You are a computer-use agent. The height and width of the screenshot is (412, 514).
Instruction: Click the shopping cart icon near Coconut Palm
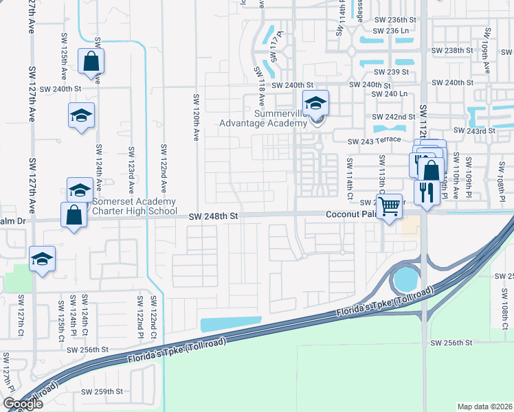point(389,206)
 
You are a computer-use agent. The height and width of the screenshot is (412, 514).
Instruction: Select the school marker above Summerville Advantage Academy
point(315,103)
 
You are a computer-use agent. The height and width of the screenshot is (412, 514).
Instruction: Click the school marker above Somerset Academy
point(80,190)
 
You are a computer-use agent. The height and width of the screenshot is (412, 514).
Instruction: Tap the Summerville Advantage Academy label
point(262,117)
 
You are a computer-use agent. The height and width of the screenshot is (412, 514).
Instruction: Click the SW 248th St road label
point(215,216)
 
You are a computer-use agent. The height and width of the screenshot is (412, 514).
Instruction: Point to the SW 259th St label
point(102,391)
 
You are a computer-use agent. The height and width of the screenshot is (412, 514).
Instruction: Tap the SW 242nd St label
point(394,117)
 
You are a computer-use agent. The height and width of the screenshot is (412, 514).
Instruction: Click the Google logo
point(23,404)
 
